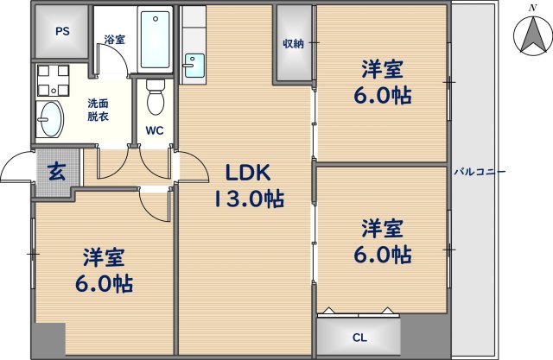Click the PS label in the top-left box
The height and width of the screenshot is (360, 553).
click(62, 32)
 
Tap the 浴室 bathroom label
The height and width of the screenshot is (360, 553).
click(114, 39)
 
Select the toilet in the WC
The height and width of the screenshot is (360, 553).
click(156, 97)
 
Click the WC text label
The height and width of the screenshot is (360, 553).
click(155, 131)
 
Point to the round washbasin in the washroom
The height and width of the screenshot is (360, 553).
click(51, 117)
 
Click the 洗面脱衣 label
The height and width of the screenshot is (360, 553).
click(98, 110)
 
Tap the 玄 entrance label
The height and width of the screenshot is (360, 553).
click(55, 171)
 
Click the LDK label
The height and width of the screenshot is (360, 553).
click(249, 173)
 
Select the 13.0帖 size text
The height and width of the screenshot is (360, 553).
click(249, 199)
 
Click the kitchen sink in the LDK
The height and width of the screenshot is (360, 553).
click(193, 64)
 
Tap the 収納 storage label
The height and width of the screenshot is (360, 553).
click(293, 43)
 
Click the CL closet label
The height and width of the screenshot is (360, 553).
click(359, 338)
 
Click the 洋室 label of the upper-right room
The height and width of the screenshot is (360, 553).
click(382, 69)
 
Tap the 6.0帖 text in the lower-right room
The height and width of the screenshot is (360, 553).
click(384, 256)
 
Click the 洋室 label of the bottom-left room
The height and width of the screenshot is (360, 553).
click(105, 256)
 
